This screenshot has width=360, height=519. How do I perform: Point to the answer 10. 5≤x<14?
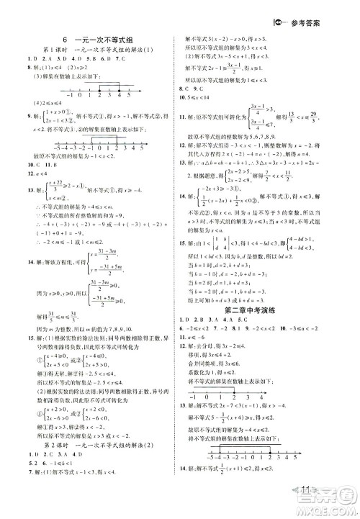(210, 96)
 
